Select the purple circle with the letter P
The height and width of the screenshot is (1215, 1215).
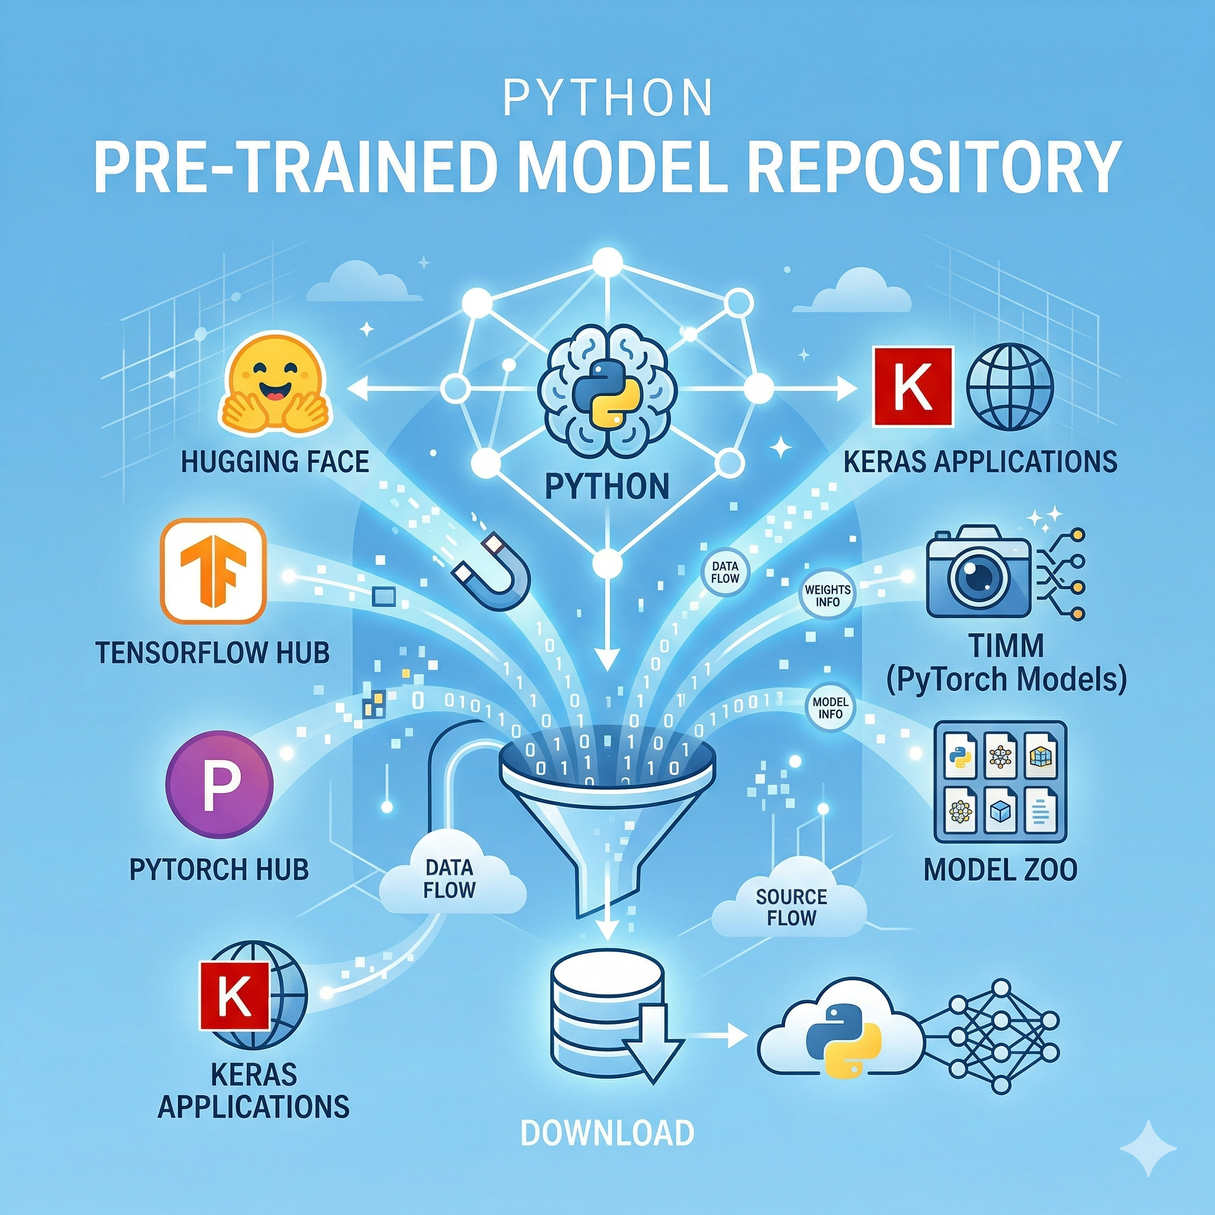pos(220,784)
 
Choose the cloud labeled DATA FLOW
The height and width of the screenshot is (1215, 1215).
pos(450,877)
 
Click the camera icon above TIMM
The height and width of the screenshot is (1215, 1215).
pos(979,572)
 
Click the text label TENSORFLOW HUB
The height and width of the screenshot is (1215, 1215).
pos(212,653)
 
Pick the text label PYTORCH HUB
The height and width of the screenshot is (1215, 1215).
pos(219,870)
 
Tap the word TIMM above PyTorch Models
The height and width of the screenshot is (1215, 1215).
pos(1007,645)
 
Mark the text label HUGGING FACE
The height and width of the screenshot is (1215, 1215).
pos(275,462)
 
